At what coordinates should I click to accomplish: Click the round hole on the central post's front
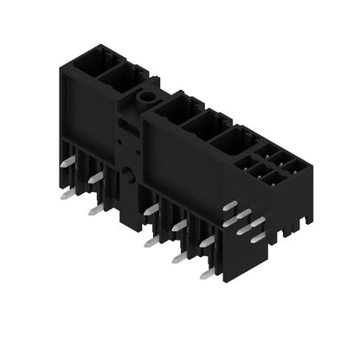coord(127,174)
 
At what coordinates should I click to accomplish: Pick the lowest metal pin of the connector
coord(207,274)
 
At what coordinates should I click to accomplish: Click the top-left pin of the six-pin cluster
coord(229,206)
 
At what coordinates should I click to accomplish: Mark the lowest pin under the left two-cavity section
coord(93,210)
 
